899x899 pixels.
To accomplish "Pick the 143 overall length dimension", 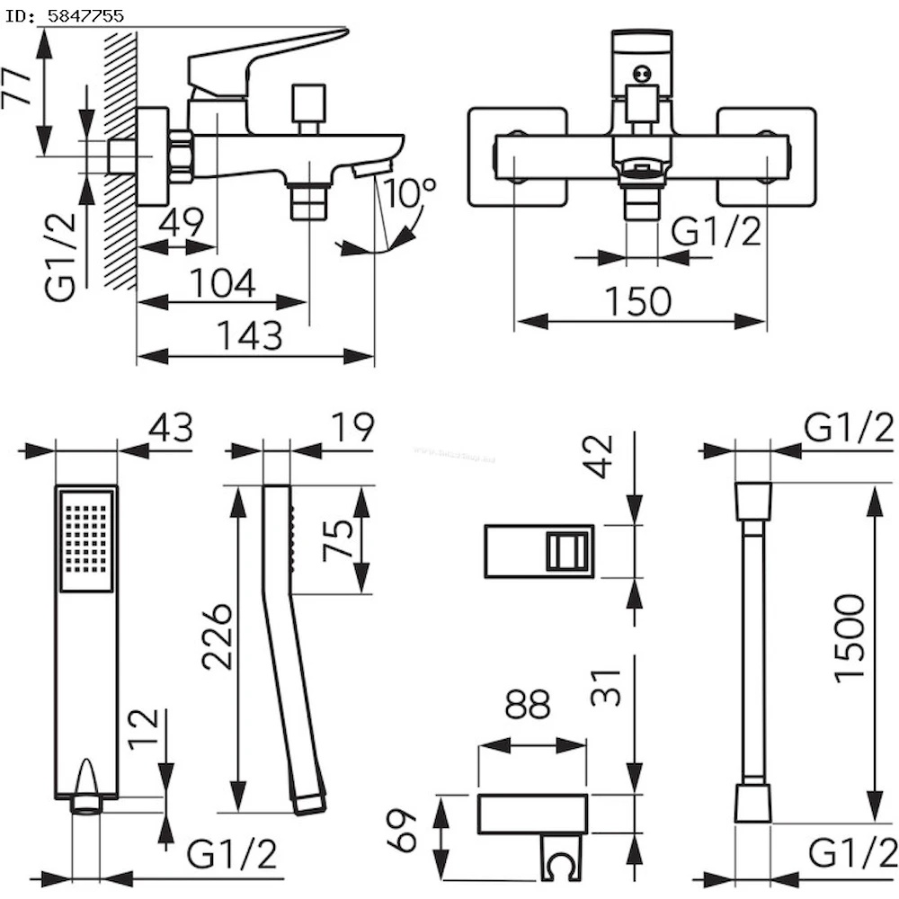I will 250,336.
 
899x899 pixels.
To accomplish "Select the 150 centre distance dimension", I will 638,302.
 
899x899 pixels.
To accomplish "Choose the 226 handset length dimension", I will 218,636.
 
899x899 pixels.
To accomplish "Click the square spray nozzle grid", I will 86,539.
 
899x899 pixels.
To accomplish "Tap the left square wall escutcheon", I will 517,157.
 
